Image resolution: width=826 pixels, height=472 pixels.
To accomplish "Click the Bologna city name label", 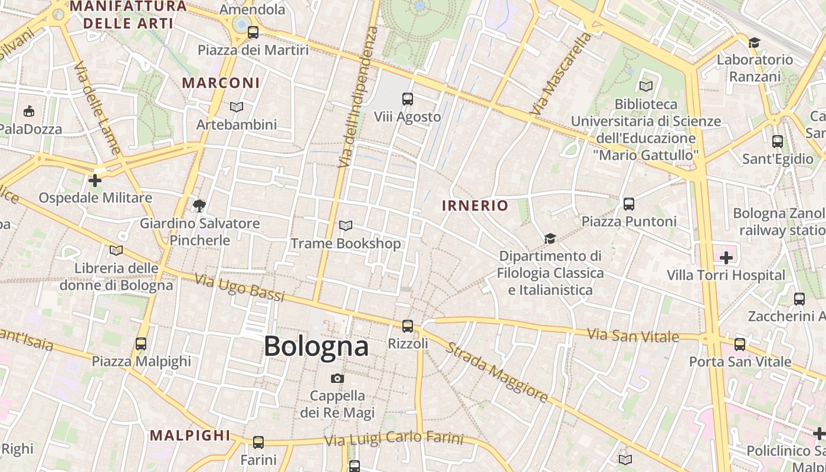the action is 316,346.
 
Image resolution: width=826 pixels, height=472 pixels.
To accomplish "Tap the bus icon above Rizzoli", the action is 407,326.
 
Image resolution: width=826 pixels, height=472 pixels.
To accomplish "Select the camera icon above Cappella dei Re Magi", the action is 337,378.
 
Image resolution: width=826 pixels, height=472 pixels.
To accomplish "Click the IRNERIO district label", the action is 474,205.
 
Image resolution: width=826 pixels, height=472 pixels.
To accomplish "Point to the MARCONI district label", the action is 221,83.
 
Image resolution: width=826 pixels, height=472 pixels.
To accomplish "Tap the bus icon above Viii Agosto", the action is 407,99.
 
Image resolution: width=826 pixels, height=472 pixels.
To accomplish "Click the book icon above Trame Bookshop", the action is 346,225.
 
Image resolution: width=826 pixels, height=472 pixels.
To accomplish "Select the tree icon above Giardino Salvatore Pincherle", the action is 199,205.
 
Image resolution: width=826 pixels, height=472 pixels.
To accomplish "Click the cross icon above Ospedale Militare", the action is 95,180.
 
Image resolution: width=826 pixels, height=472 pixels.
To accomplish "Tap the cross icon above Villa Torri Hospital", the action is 726,258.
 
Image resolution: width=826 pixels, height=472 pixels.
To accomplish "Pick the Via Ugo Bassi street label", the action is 240,287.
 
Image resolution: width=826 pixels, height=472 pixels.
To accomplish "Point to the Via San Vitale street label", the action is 634,335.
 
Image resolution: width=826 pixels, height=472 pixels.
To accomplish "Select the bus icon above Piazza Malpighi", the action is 141,343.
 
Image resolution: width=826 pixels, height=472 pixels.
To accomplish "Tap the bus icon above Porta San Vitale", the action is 740,345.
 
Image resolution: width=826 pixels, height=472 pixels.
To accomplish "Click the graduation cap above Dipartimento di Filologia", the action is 550,238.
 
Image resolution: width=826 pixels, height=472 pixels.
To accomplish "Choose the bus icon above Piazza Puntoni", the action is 629,204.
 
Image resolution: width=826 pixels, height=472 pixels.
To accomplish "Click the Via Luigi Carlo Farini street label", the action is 394,439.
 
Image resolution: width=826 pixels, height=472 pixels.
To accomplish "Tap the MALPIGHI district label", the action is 189,435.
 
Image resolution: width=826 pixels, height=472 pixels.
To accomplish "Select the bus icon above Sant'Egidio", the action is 778,142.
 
